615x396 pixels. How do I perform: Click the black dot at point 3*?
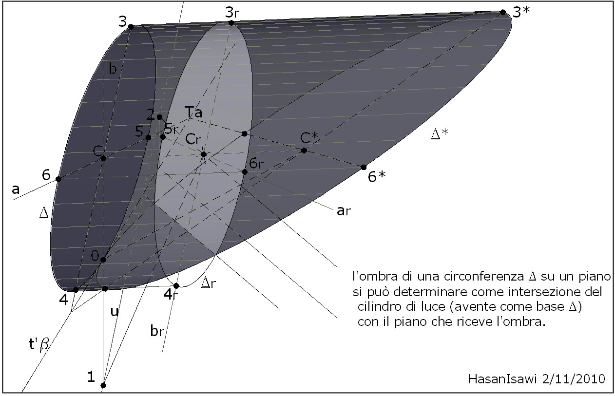pos(503,12)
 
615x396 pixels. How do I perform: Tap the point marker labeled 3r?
pos(231,23)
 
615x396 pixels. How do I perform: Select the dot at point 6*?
pos(364,167)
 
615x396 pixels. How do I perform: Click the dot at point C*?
pos(304,151)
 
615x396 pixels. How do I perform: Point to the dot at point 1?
pos(103,385)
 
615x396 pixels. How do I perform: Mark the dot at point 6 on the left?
pos(58,179)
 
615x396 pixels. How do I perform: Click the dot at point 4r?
pos(176,286)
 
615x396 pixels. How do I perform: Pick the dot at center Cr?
pos(204,154)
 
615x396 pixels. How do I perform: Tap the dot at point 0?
pos(103,260)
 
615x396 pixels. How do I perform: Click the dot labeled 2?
pos(159,117)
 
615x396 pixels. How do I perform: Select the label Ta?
pos(193,113)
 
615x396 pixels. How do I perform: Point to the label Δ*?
pos(440,134)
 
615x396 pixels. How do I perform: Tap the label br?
pos(156,332)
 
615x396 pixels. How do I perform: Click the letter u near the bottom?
pos(115,312)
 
